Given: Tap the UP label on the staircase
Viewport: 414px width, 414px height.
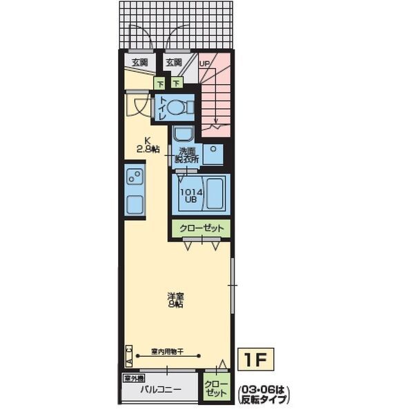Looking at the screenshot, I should click(x=204, y=63).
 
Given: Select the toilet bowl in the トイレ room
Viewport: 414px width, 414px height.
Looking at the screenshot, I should click(x=177, y=108).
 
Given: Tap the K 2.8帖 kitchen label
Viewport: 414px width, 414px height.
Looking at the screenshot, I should click(x=147, y=143).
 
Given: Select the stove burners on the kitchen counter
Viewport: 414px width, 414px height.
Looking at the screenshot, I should click(x=135, y=178).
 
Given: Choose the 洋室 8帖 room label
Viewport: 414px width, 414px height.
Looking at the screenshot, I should click(x=175, y=300).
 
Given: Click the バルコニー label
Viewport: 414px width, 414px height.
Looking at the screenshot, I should click(x=161, y=391).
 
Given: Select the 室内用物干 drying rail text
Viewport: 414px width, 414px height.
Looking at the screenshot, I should click(x=168, y=351).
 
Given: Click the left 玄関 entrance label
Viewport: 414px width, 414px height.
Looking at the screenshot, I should click(x=140, y=63).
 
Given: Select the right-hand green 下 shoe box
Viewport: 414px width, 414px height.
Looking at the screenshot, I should click(x=177, y=83).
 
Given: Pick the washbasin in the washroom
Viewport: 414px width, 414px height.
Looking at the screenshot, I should click(x=183, y=135).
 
